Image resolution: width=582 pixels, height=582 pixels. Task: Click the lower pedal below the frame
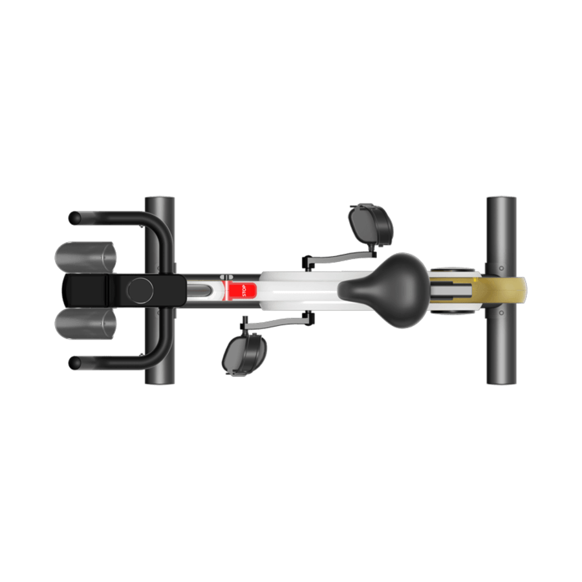[x=245, y=354]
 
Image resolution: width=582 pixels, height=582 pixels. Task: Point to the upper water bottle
[x=87, y=257]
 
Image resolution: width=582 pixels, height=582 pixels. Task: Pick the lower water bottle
[x=87, y=323]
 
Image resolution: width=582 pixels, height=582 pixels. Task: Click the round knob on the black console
[x=139, y=290]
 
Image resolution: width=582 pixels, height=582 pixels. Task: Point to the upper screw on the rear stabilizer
[x=501, y=267]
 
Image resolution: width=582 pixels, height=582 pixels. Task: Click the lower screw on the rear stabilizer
[x=501, y=313]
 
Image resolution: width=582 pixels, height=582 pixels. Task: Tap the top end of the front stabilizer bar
[x=160, y=200]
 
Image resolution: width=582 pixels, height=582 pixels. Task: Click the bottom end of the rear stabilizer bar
[x=501, y=380]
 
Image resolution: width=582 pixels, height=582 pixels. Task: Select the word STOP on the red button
[x=244, y=291]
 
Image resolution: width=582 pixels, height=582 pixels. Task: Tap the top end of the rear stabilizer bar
[x=501, y=200]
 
